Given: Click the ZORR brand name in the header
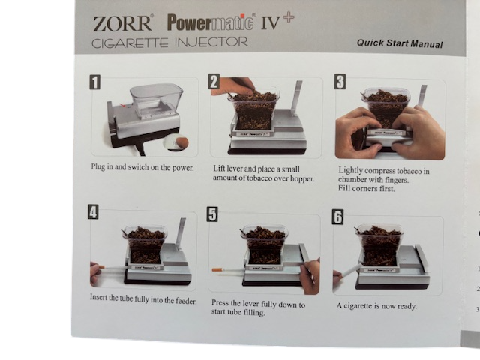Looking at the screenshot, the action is click(121, 23).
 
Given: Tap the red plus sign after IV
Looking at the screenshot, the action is click(288, 17).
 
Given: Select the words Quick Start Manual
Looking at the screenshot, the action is click(400, 43).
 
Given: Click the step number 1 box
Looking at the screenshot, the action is click(95, 82).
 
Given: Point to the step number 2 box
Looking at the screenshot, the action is click(214, 82).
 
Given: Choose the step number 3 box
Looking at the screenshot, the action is click(340, 82).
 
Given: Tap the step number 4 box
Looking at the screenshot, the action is click(93, 211).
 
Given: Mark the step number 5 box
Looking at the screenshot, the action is click(212, 214).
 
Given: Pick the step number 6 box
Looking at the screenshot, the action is click(337, 217).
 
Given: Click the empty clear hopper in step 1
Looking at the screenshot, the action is click(156, 100).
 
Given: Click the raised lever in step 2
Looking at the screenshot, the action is click(297, 98).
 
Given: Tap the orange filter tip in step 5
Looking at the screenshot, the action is click(217, 270).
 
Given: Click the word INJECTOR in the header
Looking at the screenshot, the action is click(211, 43).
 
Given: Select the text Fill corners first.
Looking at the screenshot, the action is click(367, 188).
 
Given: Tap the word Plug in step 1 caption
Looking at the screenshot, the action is click(98, 167).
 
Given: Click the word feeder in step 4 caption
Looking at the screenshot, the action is click(186, 301).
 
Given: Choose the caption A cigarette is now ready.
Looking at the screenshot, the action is click(376, 306).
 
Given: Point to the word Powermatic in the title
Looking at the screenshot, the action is click(210, 22).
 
